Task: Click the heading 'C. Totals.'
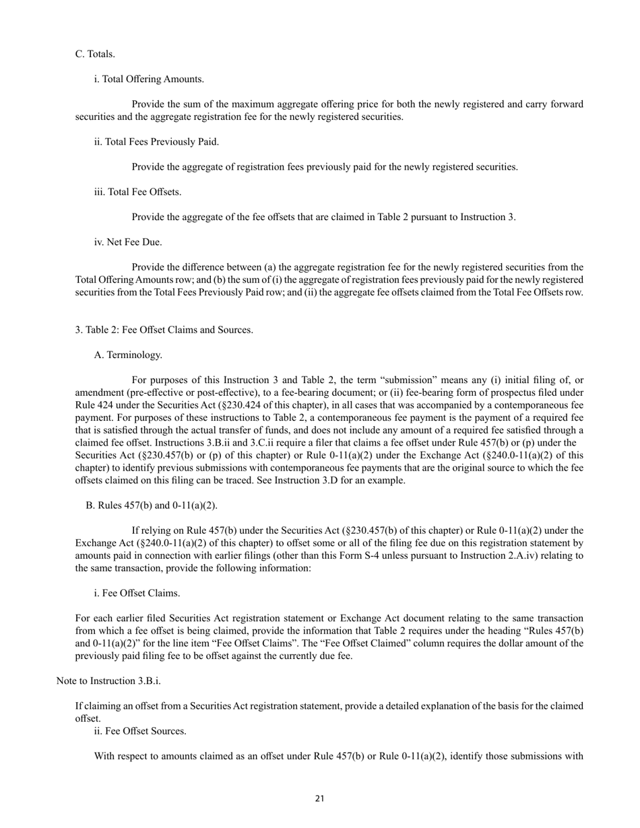coord(95,54)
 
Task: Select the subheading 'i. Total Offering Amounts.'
coord(149,79)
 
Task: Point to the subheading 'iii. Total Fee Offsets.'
coord(137,192)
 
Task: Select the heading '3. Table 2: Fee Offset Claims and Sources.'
coord(164,330)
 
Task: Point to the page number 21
coord(320,799)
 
